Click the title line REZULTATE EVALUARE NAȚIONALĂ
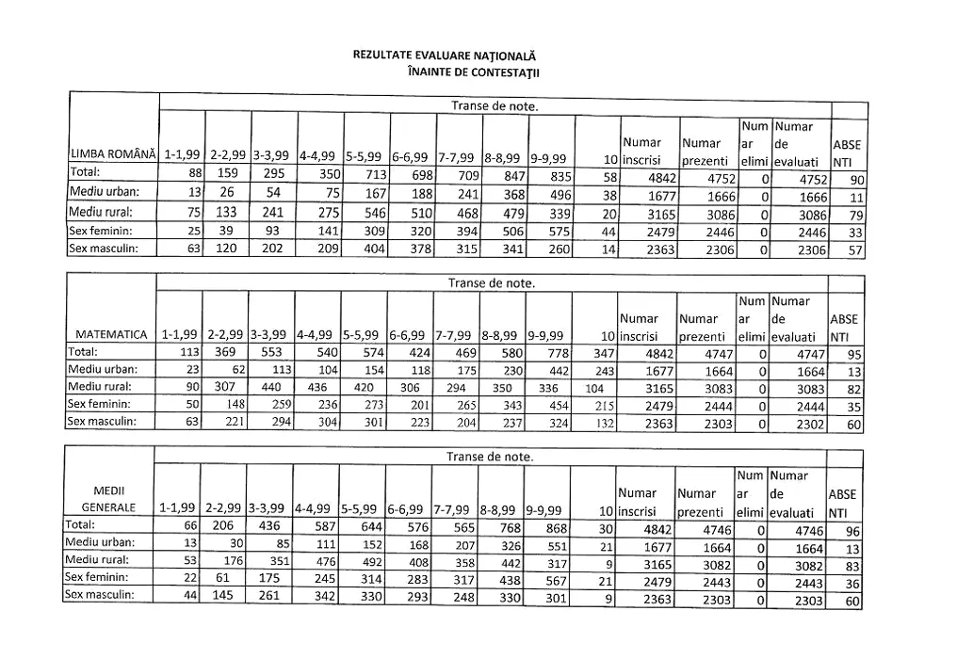(447, 57)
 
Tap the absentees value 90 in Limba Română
(855, 179)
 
